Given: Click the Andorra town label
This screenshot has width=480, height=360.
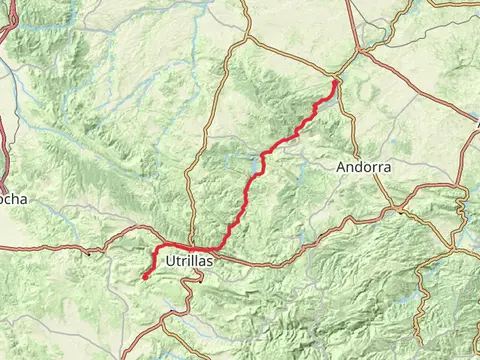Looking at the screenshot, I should point(364,168).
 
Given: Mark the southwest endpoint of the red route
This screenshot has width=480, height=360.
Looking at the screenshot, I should point(143,277).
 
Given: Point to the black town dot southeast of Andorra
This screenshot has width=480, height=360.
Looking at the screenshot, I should point(400,211).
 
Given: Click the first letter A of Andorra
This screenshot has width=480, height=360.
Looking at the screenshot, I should point(343,168).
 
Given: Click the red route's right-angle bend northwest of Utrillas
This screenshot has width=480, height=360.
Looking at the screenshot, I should point(158,246).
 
